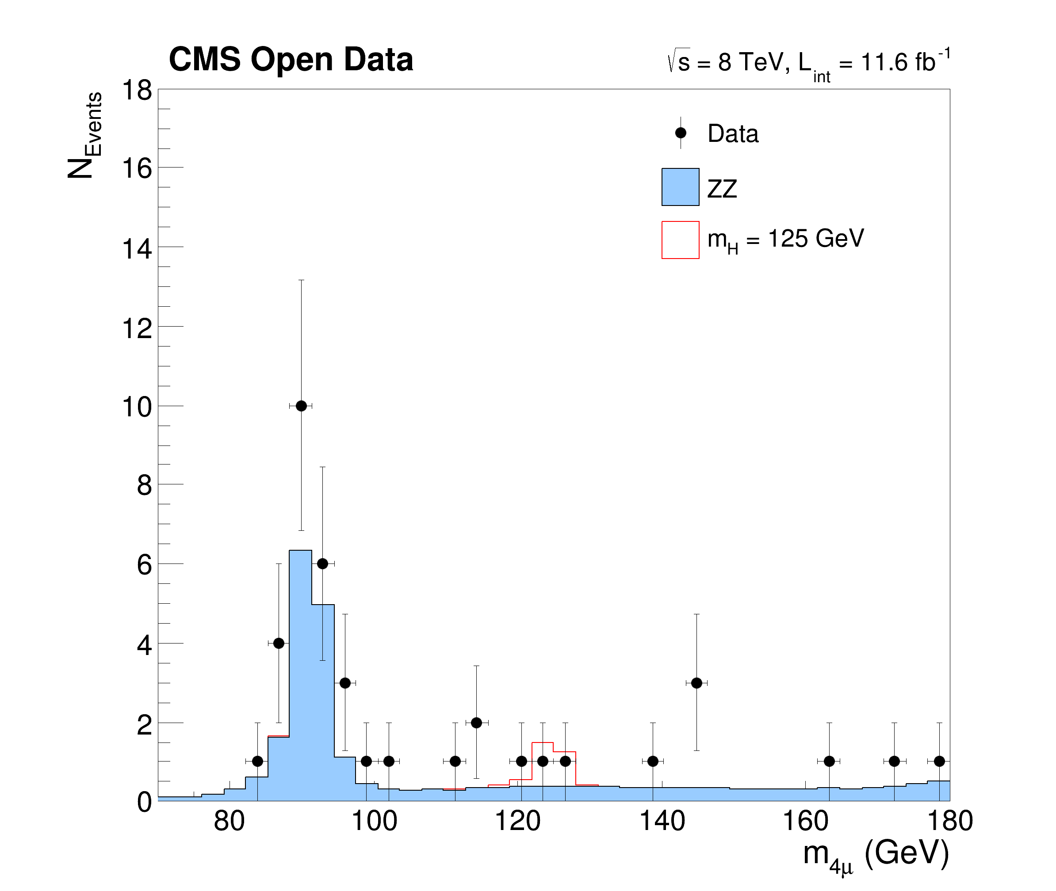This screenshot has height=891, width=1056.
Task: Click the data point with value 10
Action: (301, 406)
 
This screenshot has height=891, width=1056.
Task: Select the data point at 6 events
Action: (322, 564)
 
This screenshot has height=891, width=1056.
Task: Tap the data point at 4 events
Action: (279, 643)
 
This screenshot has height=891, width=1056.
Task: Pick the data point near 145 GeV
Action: (696, 683)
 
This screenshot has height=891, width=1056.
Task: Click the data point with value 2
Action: (476, 723)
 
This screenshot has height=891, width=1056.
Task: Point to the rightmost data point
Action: (939, 761)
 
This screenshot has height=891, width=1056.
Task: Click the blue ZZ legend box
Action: (680, 187)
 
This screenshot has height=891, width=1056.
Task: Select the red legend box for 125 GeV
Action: (680, 240)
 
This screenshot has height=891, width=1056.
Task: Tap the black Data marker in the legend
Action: (680, 133)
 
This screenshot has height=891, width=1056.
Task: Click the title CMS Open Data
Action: (291, 59)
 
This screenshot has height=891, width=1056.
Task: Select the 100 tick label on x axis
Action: (374, 821)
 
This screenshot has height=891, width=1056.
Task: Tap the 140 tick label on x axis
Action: (662, 821)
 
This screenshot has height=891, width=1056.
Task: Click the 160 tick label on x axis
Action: (805, 821)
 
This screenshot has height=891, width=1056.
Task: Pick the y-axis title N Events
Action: (85, 135)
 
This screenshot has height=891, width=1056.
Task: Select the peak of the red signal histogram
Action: (542, 743)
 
